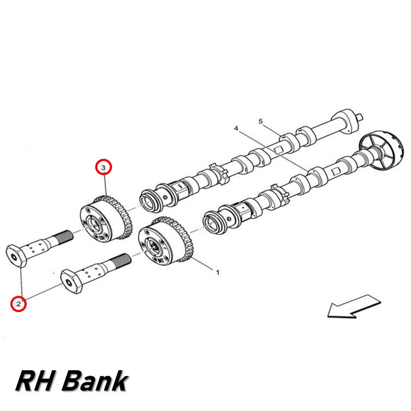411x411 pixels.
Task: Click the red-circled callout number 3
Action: click(103, 167)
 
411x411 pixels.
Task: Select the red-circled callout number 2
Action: click(18, 304)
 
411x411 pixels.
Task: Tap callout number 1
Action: click(217, 272)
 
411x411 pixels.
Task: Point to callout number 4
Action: click(236, 128)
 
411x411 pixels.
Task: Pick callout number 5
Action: click(260, 121)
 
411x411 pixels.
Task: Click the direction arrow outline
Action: click(354, 306)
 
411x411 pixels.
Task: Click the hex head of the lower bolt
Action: click(71, 282)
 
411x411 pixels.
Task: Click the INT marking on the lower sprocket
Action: click(161, 260)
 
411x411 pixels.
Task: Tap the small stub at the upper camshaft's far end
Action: click(360, 116)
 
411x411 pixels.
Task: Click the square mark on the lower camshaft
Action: click(335, 172)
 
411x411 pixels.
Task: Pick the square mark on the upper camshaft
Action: click(278, 150)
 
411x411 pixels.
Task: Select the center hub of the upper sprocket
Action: click(94, 225)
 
